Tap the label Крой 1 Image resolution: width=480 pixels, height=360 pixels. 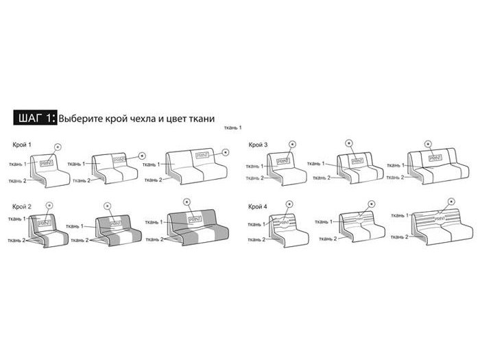(21, 145)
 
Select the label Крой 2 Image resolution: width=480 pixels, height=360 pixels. (21, 206)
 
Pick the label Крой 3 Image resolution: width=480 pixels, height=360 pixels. (258, 145)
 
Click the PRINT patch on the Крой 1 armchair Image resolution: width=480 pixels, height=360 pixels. (47, 163)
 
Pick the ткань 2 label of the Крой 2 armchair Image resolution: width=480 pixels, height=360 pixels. (17, 240)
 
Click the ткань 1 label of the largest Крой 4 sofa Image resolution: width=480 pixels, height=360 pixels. (396, 215)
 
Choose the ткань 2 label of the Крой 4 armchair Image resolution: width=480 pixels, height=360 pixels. (255, 239)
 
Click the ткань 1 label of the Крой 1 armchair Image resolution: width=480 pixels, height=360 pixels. (17, 164)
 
